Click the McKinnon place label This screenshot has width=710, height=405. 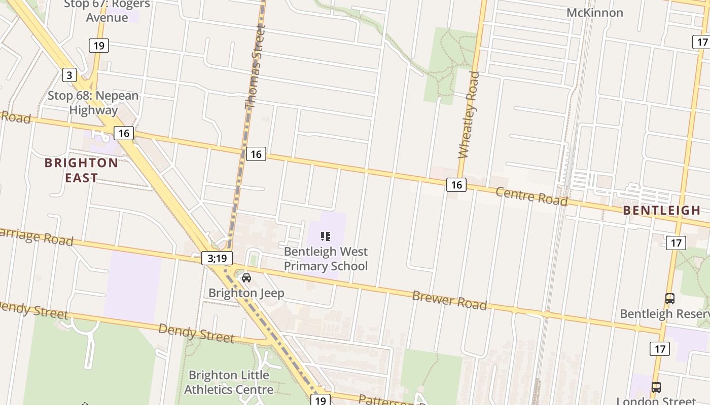click(594, 13)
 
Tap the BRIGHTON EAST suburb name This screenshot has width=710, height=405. click(81, 170)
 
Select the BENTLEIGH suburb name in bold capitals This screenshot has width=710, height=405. click(661, 211)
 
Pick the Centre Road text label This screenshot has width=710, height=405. click(531, 196)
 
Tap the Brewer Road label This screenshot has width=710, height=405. click(449, 300)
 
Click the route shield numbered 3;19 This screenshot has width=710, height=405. click(217, 258)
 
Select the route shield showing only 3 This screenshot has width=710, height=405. click(69, 75)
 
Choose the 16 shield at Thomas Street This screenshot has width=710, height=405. click(256, 154)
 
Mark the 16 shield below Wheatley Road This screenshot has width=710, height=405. click(456, 185)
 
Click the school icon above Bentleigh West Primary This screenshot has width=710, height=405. click(326, 236)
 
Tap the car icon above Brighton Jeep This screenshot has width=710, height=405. click(246, 277)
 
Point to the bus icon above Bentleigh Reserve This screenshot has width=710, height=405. click(670, 299)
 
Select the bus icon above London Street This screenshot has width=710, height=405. click(656, 387)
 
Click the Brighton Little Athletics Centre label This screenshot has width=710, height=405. click(229, 382)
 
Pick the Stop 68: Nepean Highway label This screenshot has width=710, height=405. click(93, 103)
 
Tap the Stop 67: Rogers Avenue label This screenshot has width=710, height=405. click(107, 11)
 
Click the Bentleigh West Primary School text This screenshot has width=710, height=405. click(326, 259)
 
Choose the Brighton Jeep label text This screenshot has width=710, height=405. click(246, 293)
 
